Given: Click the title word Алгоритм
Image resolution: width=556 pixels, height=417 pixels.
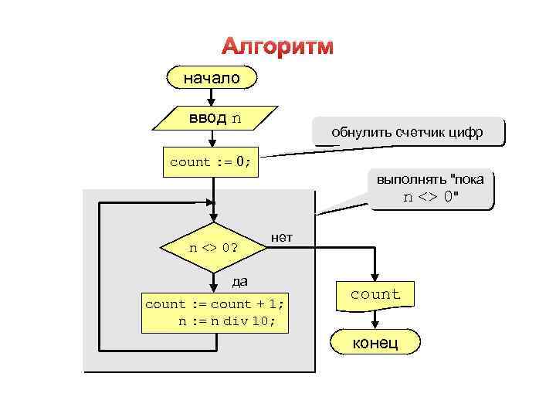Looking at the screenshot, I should click(x=278, y=46).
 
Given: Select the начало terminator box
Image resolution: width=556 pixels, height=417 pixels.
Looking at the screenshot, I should click(x=212, y=78).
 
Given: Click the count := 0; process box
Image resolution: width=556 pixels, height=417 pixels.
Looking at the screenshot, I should click(x=211, y=162).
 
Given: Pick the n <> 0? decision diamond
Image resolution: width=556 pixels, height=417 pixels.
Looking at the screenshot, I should click(x=213, y=248).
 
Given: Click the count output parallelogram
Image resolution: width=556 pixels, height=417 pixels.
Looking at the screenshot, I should click(x=375, y=294).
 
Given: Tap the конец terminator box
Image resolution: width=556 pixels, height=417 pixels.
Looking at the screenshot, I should click(x=375, y=342).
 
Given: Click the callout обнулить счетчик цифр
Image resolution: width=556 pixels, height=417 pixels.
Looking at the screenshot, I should click(x=407, y=132).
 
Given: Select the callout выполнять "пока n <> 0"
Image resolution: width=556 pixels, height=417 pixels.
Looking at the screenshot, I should click(x=431, y=188).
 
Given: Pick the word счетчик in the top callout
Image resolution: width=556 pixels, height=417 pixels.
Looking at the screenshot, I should click(x=422, y=132).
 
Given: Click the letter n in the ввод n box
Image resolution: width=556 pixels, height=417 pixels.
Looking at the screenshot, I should click(x=236, y=118).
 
